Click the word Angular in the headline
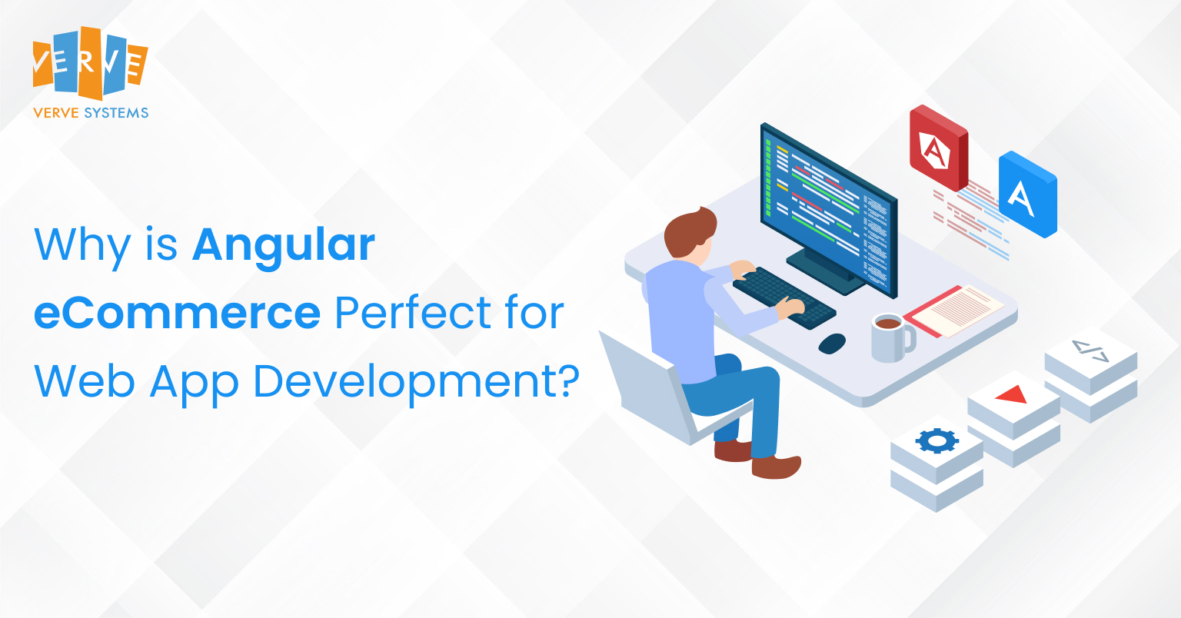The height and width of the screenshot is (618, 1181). point(284,244)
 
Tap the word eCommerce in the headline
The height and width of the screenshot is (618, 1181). point(177,313)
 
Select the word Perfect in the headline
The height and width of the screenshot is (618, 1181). point(413,312)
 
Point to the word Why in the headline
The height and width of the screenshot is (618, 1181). point(82,246)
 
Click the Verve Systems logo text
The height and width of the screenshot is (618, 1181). point(91,113)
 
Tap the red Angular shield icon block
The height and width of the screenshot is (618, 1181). point(939,148)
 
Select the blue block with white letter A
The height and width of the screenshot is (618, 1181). point(1027,194)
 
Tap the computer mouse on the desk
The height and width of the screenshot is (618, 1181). point(832,344)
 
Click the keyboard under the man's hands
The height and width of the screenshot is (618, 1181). point(784,298)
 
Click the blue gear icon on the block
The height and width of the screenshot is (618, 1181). point(936,441)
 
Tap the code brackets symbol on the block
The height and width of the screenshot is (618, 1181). point(1090,351)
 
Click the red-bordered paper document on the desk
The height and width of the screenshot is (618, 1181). point(953,311)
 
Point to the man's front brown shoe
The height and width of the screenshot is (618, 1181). point(776,466)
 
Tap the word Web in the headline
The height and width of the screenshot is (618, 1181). point(85,381)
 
